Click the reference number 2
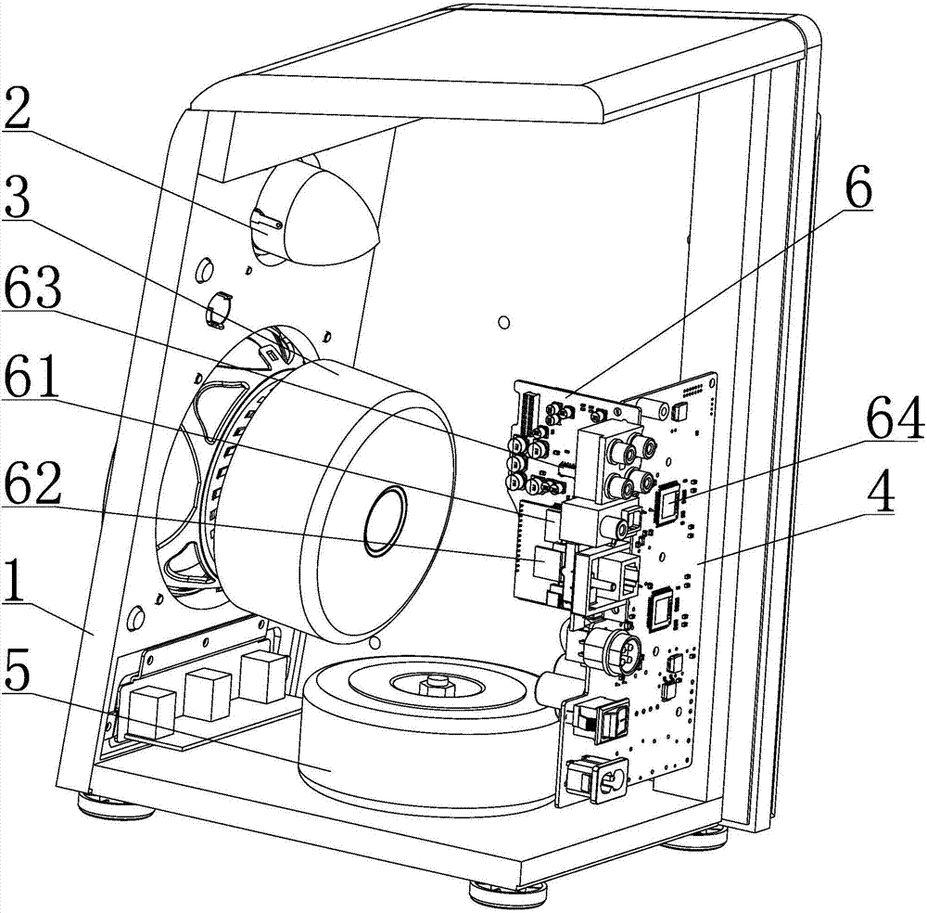[x=17, y=109]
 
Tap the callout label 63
[x=32, y=287]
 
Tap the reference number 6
[x=857, y=187]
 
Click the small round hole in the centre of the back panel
[x=503, y=323]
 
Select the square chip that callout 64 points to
[x=669, y=504]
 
